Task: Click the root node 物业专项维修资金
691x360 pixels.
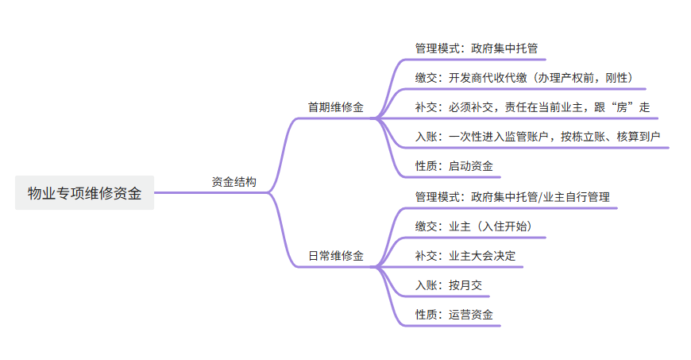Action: (x=84, y=193)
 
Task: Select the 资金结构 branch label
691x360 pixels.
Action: (x=234, y=182)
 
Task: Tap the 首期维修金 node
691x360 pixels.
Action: (x=335, y=107)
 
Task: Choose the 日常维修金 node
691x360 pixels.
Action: (x=335, y=256)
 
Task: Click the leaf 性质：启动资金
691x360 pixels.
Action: (x=454, y=166)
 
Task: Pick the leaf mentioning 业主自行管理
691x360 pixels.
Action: (x=512, y=196)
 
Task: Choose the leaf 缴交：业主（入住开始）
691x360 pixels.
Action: (x=473, y=226)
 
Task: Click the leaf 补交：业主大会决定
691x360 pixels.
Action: (x=465, y=256)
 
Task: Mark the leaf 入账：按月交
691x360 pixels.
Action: (x=449, y=285)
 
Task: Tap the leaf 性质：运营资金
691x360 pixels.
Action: (x=454, y=315)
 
